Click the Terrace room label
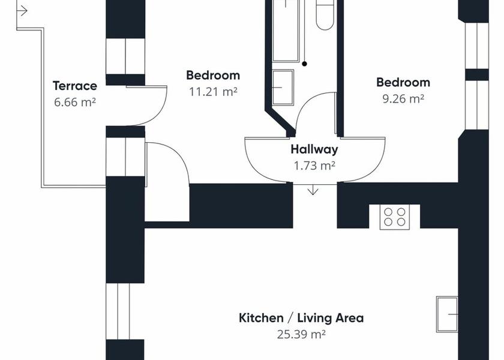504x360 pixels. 75,86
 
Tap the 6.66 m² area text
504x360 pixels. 75,102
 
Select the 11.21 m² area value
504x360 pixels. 213,92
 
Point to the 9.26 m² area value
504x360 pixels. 403,98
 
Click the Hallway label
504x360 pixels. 314,149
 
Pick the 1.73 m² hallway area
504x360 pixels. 314,166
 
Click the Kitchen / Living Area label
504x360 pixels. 301,318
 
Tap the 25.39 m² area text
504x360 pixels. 301,334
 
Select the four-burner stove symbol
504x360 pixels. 395,217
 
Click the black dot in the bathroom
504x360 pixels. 304,64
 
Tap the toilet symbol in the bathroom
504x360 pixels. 325,15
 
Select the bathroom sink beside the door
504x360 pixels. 283,87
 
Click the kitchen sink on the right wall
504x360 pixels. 447,314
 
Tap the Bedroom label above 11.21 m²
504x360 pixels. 213,75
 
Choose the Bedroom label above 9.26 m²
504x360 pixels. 403,82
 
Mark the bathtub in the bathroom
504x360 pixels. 286,31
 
